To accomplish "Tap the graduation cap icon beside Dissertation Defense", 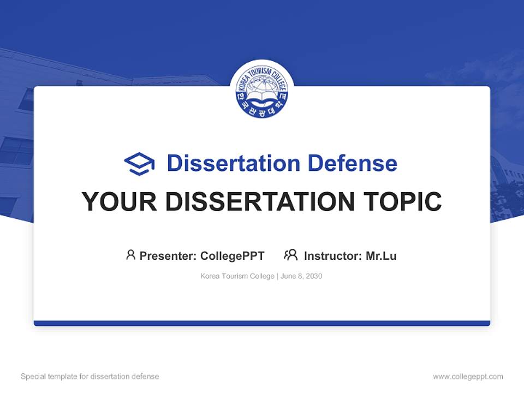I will point(139,164).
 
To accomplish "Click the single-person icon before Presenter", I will point(130,255).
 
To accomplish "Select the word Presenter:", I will point(168,255).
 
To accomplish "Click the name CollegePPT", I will point(233,255).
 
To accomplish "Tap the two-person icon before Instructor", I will point(291,255).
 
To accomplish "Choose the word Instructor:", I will point(333,255).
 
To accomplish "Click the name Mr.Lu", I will point(381,255).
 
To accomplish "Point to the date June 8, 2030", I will point(302,276).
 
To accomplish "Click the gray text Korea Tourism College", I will point(237,276).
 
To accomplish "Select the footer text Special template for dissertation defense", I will point(90,377).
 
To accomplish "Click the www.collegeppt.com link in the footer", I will point(468,377).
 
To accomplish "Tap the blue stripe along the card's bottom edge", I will point(262,323).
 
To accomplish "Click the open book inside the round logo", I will point(262,100).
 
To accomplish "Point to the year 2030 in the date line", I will point(314,276).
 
